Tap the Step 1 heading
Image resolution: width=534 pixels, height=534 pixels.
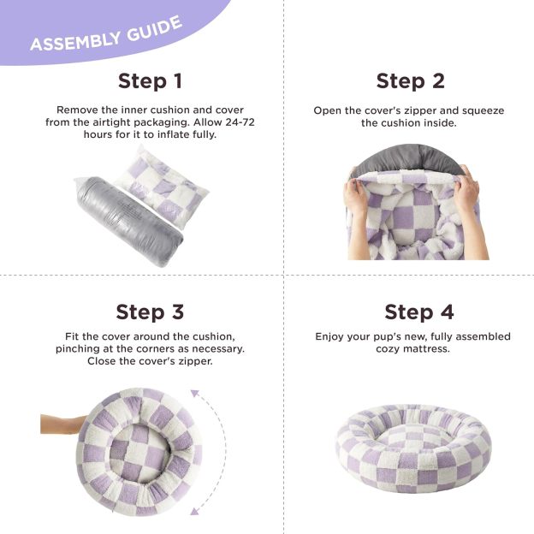click(150, 81)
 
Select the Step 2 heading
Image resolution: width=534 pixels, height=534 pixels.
click(410, 81)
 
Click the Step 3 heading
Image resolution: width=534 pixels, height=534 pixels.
click(150, 311)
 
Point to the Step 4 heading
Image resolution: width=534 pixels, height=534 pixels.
click(419, 311)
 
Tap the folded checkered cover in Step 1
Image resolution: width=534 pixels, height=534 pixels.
click(163, 184)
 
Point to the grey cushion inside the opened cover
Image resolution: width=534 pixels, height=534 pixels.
click(409, 158)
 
